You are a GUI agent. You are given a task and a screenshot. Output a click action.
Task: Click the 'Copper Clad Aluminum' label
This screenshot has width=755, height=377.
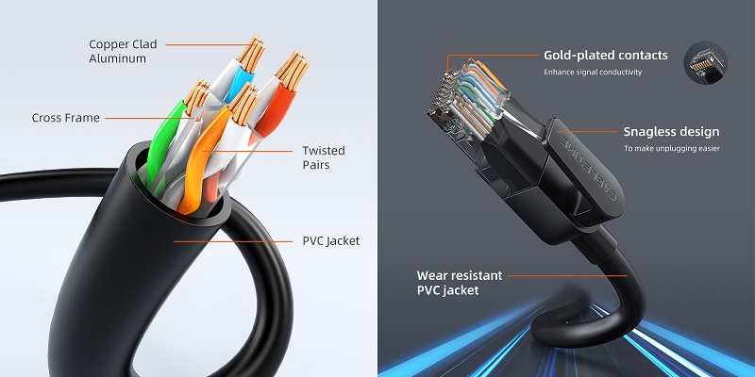click(123, 51)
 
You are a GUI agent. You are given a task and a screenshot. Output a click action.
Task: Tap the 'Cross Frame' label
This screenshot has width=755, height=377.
click(65, 118)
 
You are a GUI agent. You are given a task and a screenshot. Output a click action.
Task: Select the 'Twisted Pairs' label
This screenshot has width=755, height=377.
click(324, 157)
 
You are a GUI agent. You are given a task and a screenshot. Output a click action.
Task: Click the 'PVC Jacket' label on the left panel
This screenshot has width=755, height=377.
click(330, 241)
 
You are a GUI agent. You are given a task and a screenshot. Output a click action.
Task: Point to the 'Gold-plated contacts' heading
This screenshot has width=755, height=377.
click(605, 56)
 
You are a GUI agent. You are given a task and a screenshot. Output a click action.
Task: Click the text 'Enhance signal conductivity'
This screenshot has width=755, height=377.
click(593, 73)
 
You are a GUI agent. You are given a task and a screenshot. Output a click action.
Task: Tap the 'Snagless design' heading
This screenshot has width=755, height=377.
click(671, 132)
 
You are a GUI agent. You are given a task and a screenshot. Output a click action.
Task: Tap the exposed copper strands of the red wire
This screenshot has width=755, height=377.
click(290, 69)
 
